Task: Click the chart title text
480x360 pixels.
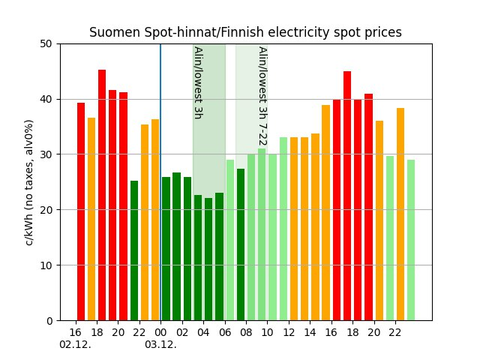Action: pyautogui.click(x=245, y=32)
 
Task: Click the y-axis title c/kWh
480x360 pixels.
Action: pyautogui.click(x=29, y=181)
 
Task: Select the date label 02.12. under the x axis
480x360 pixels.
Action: pyautogui.click(x=75, y=344)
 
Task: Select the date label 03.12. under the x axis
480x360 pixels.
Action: pyautogui.click(x=160, y=344)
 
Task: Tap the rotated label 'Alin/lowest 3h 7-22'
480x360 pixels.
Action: pyautogui.click(x=262, y=96)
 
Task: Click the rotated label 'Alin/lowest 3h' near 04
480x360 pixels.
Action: pyautogui.click(x=198, y=82)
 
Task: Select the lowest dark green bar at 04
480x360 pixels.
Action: pyautogui.click(x=208, y=259)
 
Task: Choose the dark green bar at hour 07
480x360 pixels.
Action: pyautogui.click(x=241, y=244)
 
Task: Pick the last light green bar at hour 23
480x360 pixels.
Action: pyautogui.click(x=411, y=240)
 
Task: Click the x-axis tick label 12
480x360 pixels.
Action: pyautogui.click(x=289, y=331)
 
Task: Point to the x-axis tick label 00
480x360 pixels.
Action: pyautogui.click(x=160, y=331)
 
